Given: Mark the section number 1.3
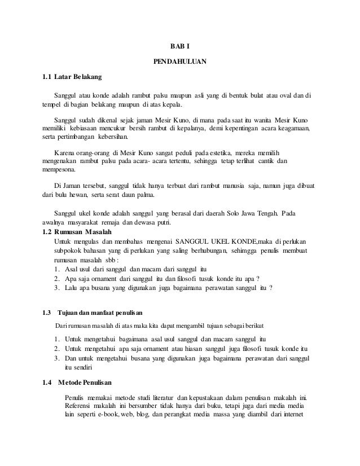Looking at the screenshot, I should [48, 312].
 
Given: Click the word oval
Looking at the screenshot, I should [287, 95].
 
